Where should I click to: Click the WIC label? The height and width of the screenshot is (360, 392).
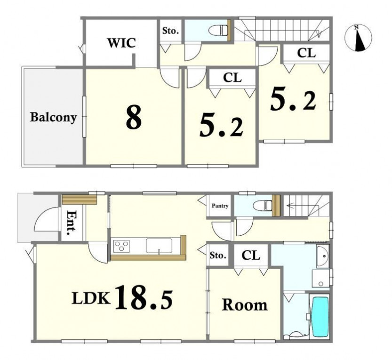click(x=121, y=43)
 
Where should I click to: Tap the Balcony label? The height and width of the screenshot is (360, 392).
click(x=53, y=117)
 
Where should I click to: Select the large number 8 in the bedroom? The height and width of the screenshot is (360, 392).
click(x=134, y=117)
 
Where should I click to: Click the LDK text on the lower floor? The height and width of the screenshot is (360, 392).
click(x=91, y=298)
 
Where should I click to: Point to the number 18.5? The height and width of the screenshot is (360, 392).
click(x=144, y=297)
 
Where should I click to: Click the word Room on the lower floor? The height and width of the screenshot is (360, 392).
click(x=245, y=305)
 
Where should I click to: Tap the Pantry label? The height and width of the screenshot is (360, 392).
click(x=220, y=206)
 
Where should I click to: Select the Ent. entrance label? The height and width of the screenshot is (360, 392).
click(x=72, y=223)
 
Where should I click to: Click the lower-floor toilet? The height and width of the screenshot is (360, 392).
click(x=263, y=206)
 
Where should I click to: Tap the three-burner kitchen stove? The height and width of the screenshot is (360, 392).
click(x=121, y=246)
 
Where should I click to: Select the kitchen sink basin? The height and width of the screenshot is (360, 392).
click(x=159, y=246)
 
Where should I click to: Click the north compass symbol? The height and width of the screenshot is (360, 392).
click(x=358, y=38)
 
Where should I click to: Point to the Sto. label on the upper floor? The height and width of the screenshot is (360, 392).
click(x=170, y=31)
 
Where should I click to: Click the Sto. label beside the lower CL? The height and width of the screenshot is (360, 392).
click(x=218, y=256)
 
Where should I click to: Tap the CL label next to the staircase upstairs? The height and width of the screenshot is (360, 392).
click(x=306, y=53)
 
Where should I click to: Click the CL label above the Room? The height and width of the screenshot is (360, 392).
click(x=251, y=256)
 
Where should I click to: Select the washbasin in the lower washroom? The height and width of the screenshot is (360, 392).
click(x=323, y=256)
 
